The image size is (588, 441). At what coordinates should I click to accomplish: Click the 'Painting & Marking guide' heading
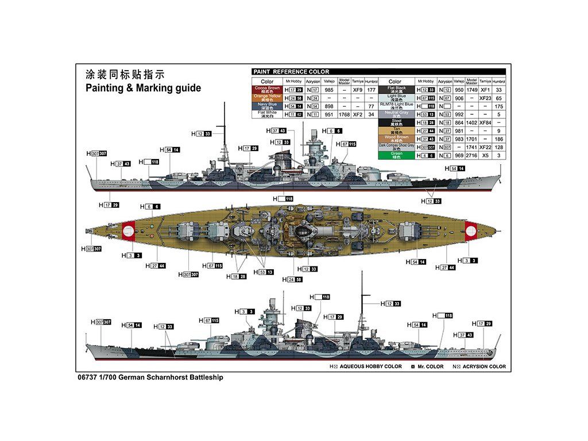143,88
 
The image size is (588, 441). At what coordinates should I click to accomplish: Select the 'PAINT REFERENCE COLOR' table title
291,72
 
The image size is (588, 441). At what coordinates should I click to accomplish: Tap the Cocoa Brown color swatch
267,90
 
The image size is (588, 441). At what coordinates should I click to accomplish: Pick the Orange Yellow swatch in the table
267,98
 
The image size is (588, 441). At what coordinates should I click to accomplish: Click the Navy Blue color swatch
267,106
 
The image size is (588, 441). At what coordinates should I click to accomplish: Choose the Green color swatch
396,155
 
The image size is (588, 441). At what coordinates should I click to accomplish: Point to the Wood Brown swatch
396,138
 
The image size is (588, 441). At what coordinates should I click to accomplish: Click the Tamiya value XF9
357,90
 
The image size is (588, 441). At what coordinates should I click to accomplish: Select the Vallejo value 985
329,90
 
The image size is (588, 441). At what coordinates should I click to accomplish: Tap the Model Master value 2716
471,155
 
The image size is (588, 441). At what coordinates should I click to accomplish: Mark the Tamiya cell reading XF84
485,122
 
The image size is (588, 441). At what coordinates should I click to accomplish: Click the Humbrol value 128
499,147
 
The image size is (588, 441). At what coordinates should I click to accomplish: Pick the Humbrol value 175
499,106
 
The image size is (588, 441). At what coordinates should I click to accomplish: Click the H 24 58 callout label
292,280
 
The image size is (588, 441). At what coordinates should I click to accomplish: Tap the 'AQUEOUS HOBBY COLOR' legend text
370,366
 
